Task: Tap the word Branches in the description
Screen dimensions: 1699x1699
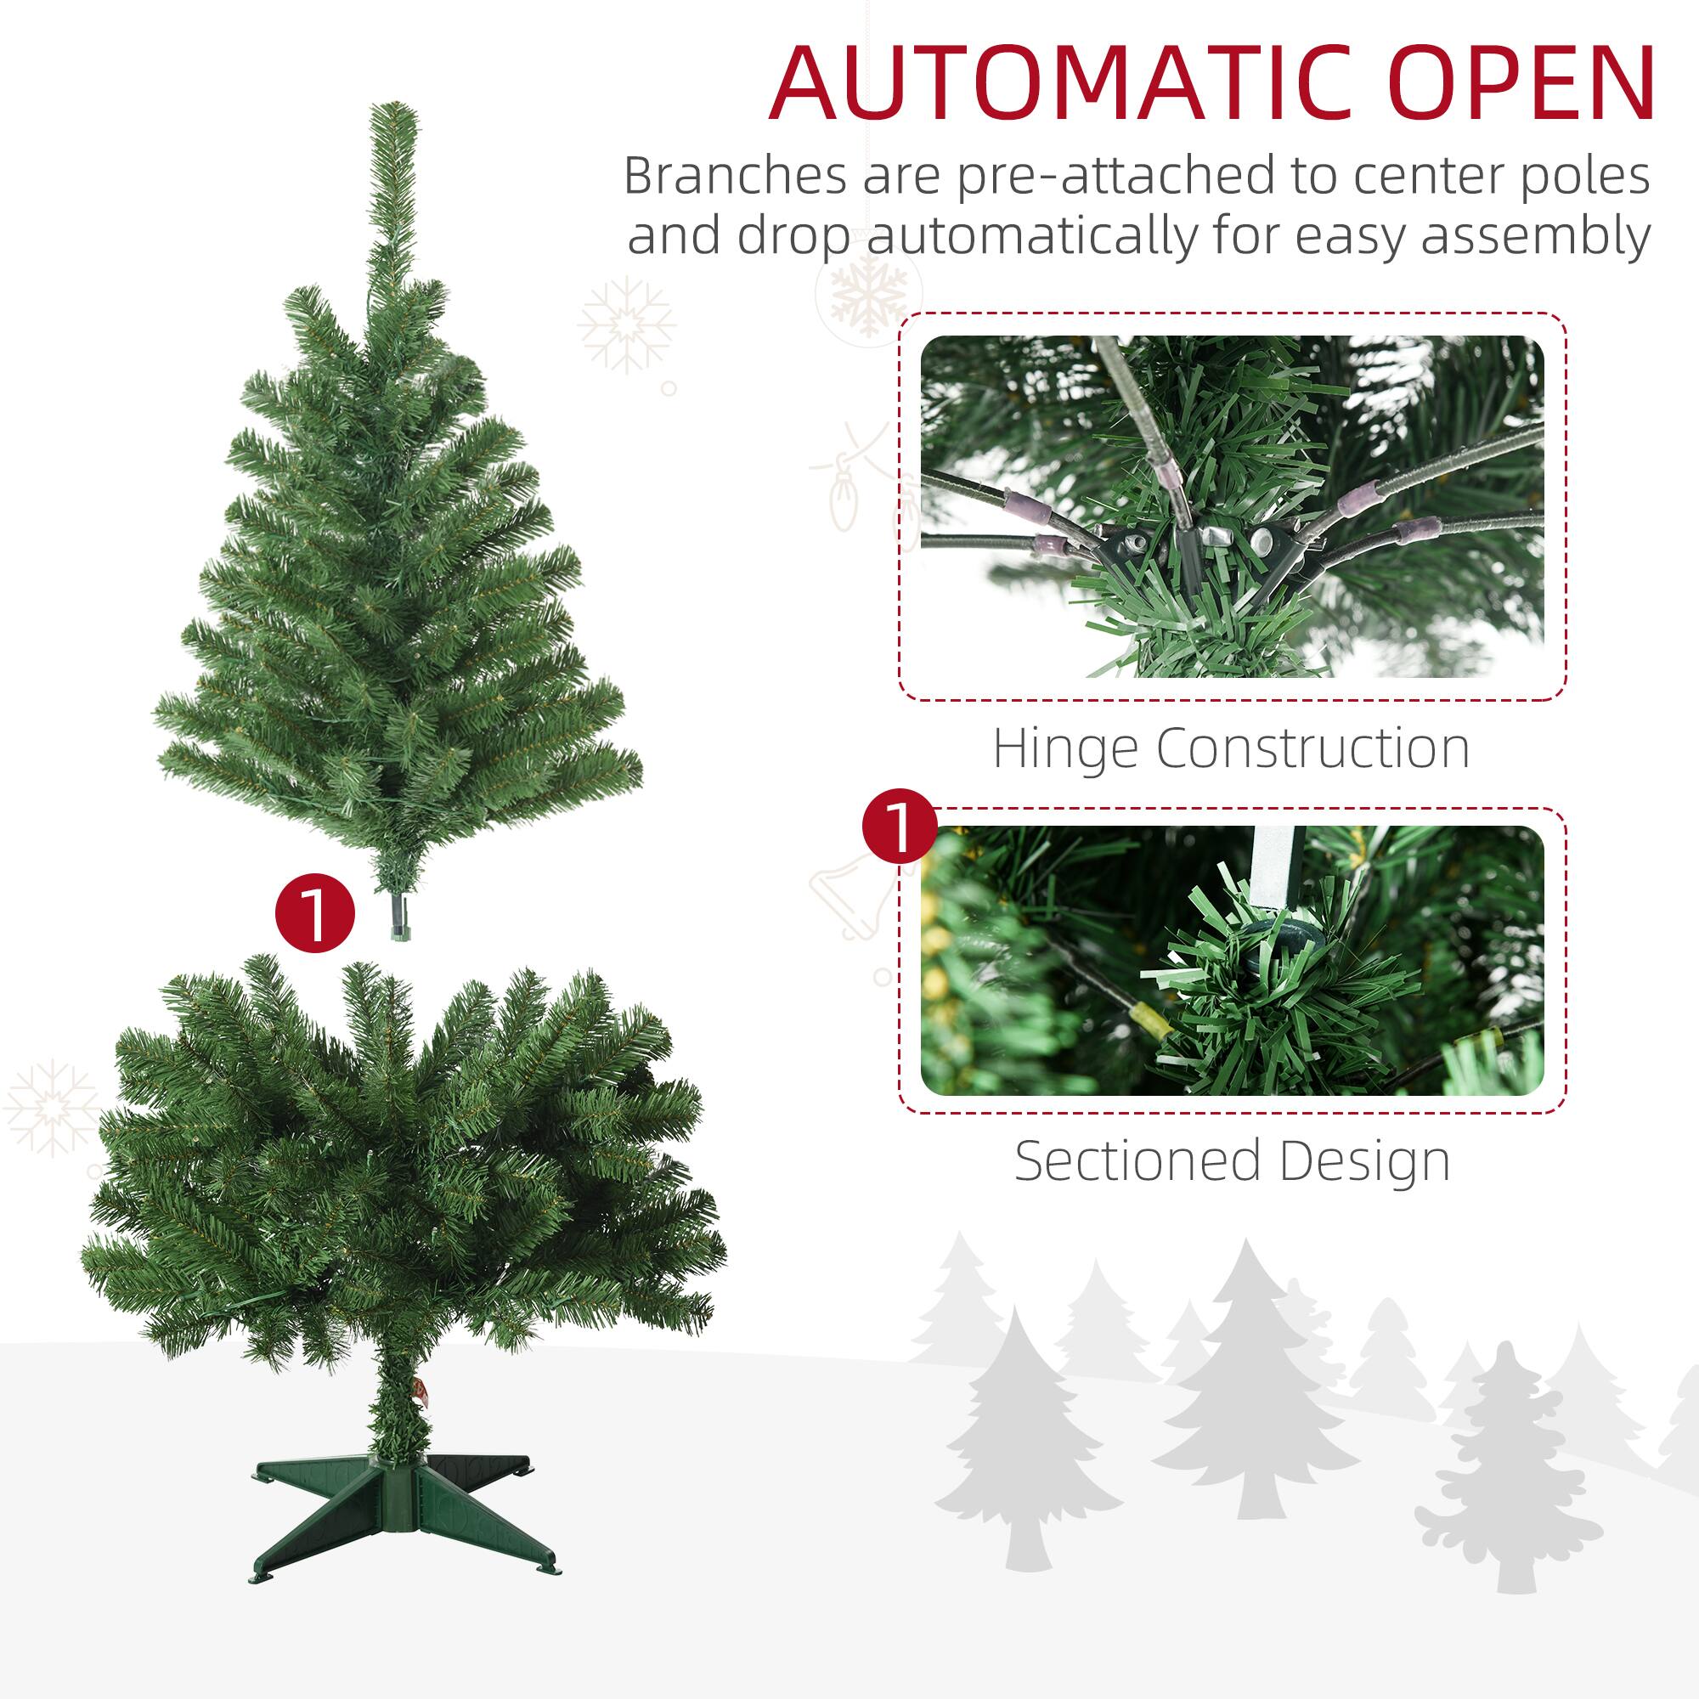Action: pyautogui.click(x=733, y=175)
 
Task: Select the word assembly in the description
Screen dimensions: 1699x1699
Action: pyautogui.click(x=1534, y=235)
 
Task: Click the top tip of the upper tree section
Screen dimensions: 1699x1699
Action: pyautogui.click(x=393, y=110)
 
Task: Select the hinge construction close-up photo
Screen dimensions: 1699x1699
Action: pyautogui.click(x=1231, y=505)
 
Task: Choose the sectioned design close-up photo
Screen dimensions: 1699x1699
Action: pyautogui.click(x=1231, y=960)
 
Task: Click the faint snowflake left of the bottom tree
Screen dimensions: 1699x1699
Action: pyautogui.click(x=51, y=1107)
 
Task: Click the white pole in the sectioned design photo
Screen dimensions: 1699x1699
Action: pyautogui.click(x=1274, y=857)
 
